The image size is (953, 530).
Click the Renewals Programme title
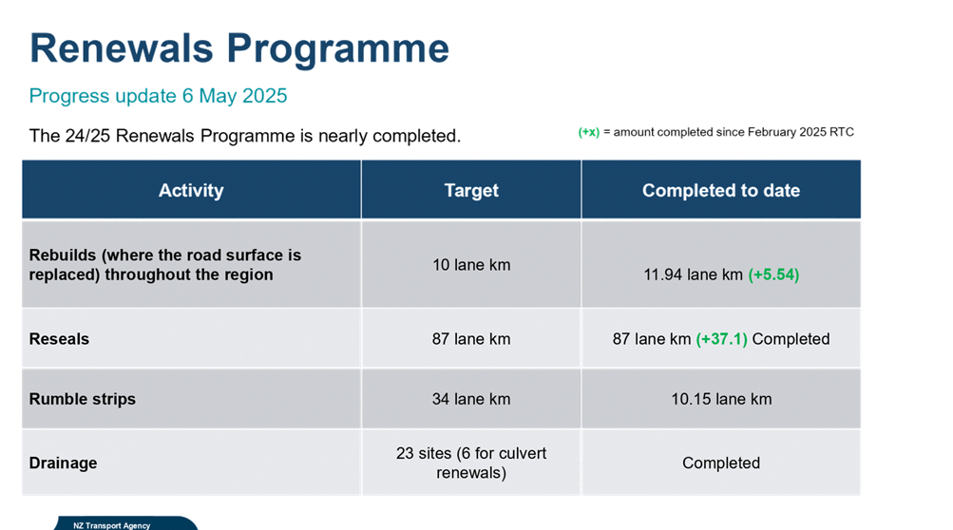click(x=239, y=49)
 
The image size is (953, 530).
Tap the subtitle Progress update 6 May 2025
click(x=158, y=96)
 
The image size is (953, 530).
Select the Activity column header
click(x=191, y=190)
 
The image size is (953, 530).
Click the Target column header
click(x=471, y=190)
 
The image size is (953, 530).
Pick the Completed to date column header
click(x=721, y=190)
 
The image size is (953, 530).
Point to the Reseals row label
click(x=59, y=338)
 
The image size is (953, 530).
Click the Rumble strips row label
click(x=82, y=399)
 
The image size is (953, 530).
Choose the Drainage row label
click(x=64, y=464)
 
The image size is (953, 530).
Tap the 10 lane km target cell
click(x=471, y=265)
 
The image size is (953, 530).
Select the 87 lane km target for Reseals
click(x=471, y=338)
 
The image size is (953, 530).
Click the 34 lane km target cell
click(x=471, y=399)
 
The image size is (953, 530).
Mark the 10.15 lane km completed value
click(x=721, y=399)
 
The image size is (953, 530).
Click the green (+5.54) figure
click(x=773, y=274)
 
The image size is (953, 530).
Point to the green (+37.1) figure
click(x=721, y=339)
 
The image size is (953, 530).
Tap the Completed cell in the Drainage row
click(x=721, y=464)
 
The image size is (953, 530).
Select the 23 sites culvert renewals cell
click(x=471, y=464)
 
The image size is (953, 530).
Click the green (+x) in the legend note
click(x=588, y=133)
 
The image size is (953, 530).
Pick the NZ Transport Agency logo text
click(x=112, y=526)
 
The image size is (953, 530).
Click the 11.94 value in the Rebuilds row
click(x=662, y=274)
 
